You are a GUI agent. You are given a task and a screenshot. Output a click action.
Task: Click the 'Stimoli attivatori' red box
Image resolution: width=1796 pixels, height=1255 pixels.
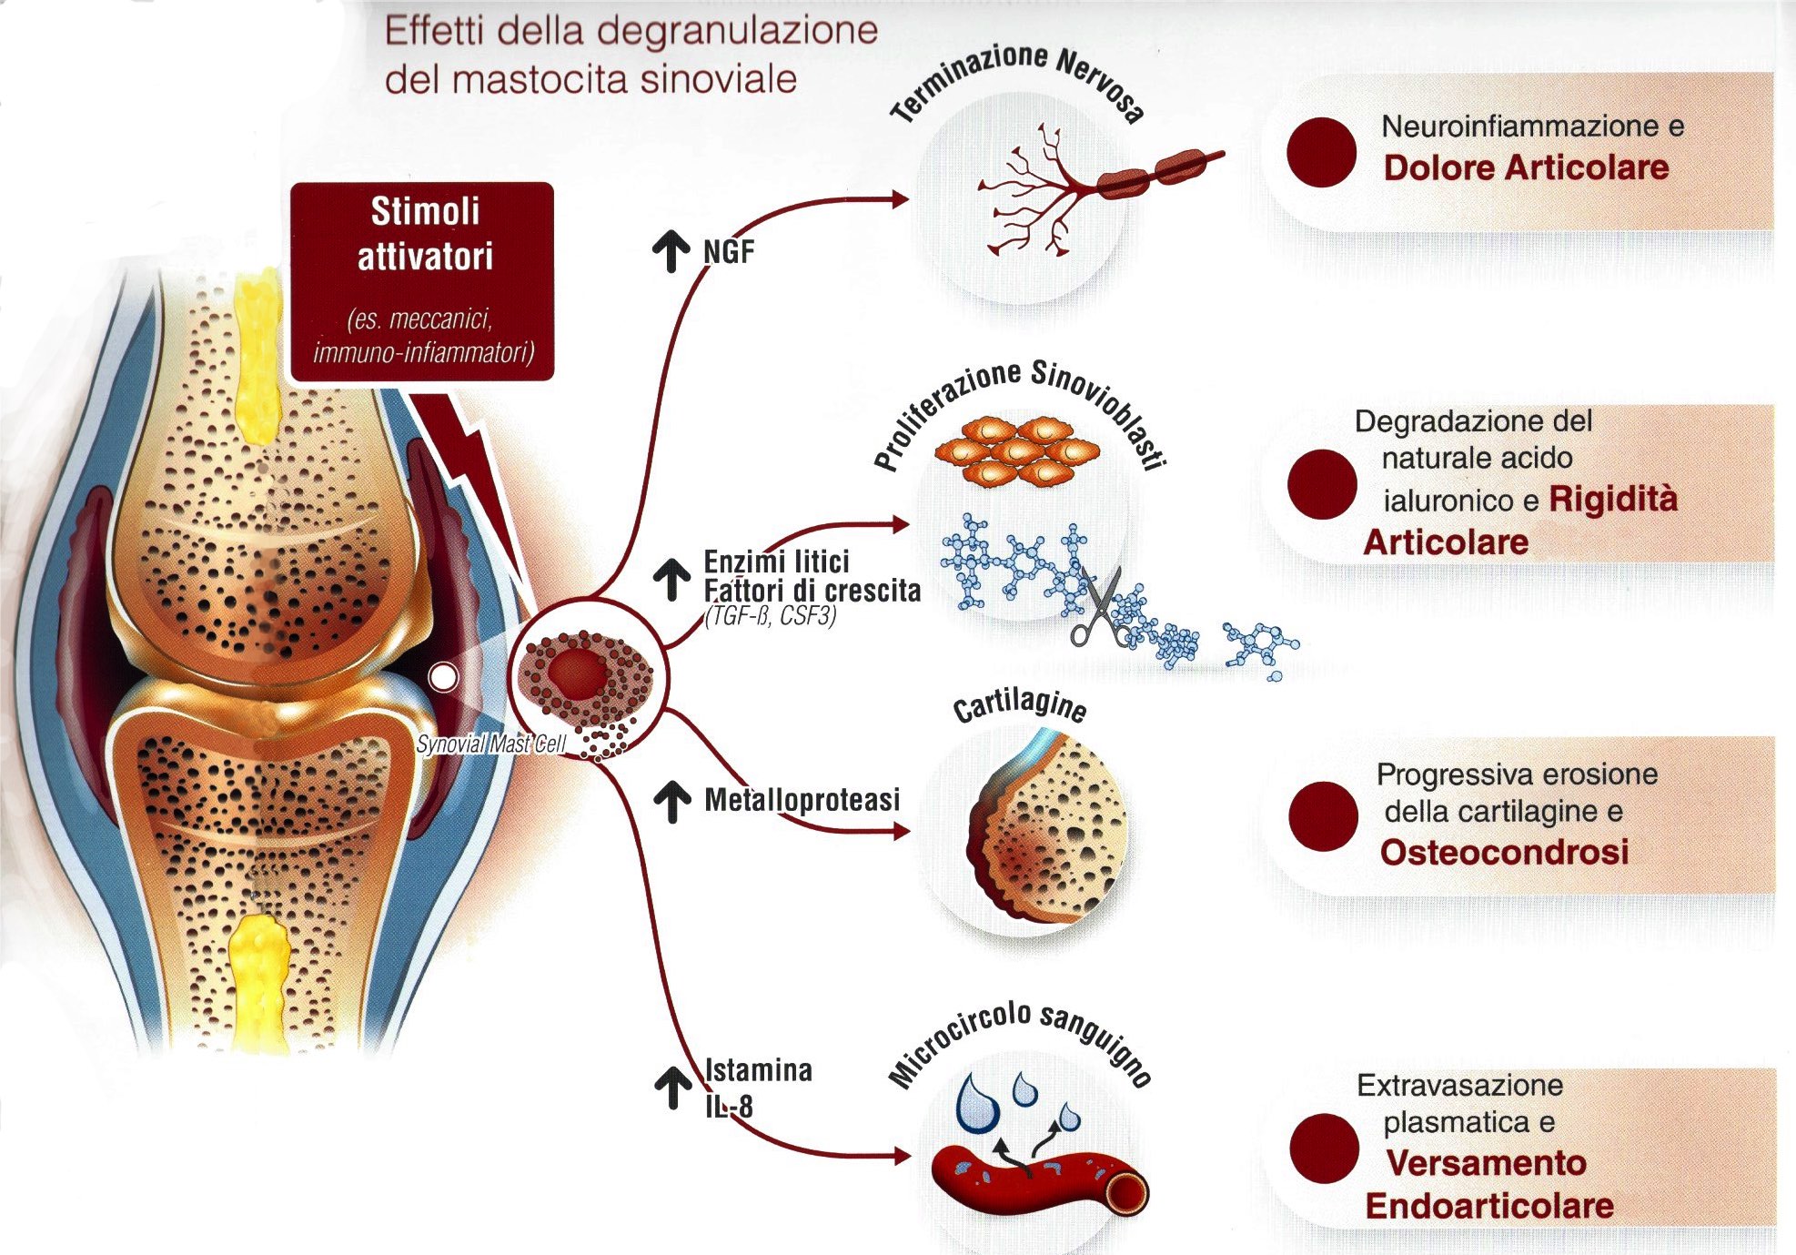click(x=422, y=280)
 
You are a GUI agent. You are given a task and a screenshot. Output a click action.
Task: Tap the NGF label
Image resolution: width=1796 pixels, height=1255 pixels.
click(x=729, y=252)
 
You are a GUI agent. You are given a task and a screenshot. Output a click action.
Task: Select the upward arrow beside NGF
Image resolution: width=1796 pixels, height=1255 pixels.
click(x=671, y=251)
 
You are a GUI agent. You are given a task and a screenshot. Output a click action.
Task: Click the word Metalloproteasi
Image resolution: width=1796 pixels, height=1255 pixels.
click(x=802, y=800)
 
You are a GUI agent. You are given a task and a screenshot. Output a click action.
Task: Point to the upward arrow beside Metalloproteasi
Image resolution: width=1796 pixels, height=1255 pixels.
click(x=672, y=802)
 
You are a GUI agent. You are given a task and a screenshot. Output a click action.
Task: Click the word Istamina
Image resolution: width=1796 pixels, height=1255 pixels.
click(x=759, y=1070)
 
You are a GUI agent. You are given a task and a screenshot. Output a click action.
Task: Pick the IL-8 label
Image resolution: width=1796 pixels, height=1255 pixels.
click(x=729, y=1107)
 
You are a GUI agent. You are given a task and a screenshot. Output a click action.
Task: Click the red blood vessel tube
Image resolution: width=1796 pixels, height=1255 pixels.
click(x=1037, y=1183)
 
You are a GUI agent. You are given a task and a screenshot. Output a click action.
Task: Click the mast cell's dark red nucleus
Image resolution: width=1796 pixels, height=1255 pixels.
click(x=578, y=673)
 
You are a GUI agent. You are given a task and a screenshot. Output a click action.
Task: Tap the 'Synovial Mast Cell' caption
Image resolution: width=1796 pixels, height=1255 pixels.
click(x=491, y=744)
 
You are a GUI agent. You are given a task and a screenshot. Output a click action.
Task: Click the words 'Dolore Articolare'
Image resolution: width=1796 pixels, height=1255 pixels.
click(x=1526, y=168)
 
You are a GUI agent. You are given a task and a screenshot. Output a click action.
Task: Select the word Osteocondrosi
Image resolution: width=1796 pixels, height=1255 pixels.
click(x=1504, y=853)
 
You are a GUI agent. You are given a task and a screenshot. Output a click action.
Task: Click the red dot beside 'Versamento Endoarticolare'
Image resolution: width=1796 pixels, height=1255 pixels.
click(x=1324, y=1149)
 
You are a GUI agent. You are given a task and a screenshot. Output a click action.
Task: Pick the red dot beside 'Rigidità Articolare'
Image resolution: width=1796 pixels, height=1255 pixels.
click(x=1322, y=484)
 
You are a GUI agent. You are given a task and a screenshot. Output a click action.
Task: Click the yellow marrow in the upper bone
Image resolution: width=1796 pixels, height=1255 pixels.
click(x=257, y=355)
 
